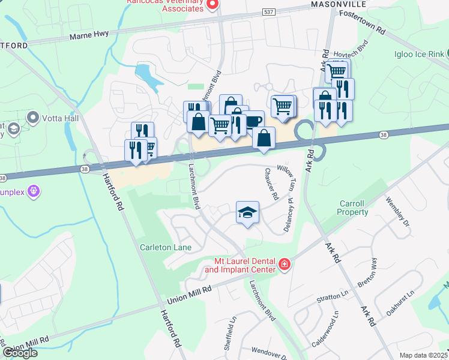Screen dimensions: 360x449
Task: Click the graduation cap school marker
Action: click(247, 212)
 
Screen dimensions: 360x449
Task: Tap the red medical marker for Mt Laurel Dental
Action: click(284, 263)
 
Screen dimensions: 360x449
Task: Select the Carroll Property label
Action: click(353, 208)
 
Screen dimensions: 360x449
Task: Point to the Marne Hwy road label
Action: click(88, 35)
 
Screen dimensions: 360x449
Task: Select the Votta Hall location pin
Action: click(33, 117)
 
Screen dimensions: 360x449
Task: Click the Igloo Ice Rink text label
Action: click(420, 54)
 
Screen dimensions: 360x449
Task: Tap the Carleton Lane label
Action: click(166, 247)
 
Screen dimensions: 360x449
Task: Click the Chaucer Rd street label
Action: click(271, 184)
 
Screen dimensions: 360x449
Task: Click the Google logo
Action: click(20, 353)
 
